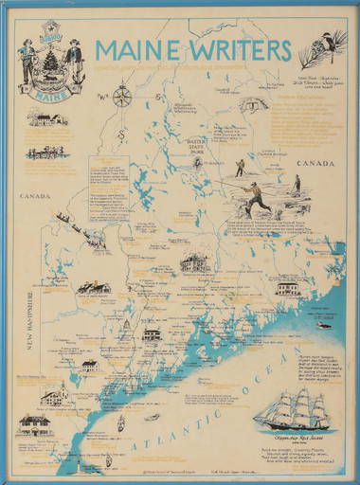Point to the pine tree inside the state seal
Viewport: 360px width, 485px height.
click(x=44, y=63)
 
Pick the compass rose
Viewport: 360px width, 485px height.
click(x=120, y=97)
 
